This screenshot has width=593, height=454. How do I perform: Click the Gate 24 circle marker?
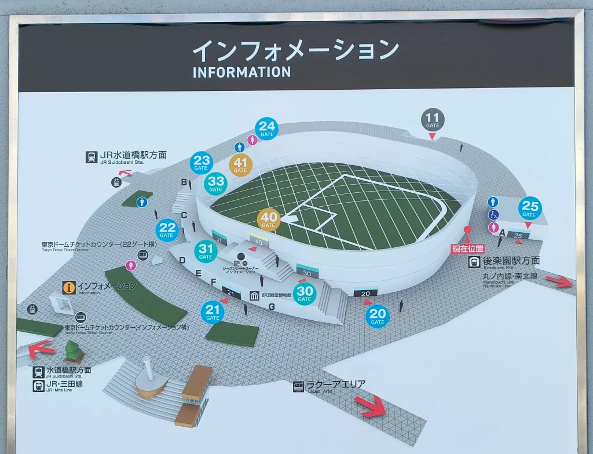pyautogui.click(x=266, y=129)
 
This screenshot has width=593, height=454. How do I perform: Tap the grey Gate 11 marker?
pyautogui.click(x=433, y=119)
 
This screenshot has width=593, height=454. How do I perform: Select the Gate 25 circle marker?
pyautogui.click(x=529, y=208)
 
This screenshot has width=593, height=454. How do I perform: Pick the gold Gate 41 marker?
pyautogui.click(x=240, y=165)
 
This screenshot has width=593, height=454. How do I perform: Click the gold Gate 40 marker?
pyautogui.click(x=268, y=219)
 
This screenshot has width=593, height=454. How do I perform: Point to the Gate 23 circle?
pyautogui.click(x=201, y=163)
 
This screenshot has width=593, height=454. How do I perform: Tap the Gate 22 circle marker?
pyautogui.click(x=167, y=230)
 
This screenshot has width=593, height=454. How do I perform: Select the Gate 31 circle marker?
pyautogui.click(x=206, y=251)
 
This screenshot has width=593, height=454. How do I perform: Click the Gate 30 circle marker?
pyautogui.click(x=305, y=294)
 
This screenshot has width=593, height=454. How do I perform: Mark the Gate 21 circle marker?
pyautogui.click(x=213, y=313)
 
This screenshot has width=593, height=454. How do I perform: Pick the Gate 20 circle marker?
pyautogui.click(x=378, y=316)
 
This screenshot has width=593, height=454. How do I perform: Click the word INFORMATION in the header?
pyautogui.click(x=241, y=72)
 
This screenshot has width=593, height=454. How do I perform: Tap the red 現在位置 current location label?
pyautogui.click(x=467, y=249)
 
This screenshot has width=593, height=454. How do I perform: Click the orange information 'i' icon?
pyautogui.click(x=69, y=287)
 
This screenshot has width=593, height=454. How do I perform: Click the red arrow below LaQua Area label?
pyautogui.click(x=371, y=405)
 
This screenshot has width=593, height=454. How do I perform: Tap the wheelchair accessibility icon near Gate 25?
pyautogui.click(x=493, y=215)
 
